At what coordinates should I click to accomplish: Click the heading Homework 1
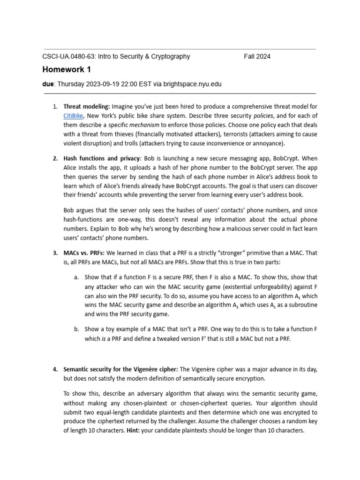(x=67, y=70)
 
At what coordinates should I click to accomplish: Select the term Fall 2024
(x=257, y=57)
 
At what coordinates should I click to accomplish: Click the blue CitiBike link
(x=74, y=115)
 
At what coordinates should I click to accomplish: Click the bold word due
(x=48, y=84)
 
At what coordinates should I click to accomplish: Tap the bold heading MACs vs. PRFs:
(x=84, y=253)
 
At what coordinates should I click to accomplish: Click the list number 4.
(x=55, y=369)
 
